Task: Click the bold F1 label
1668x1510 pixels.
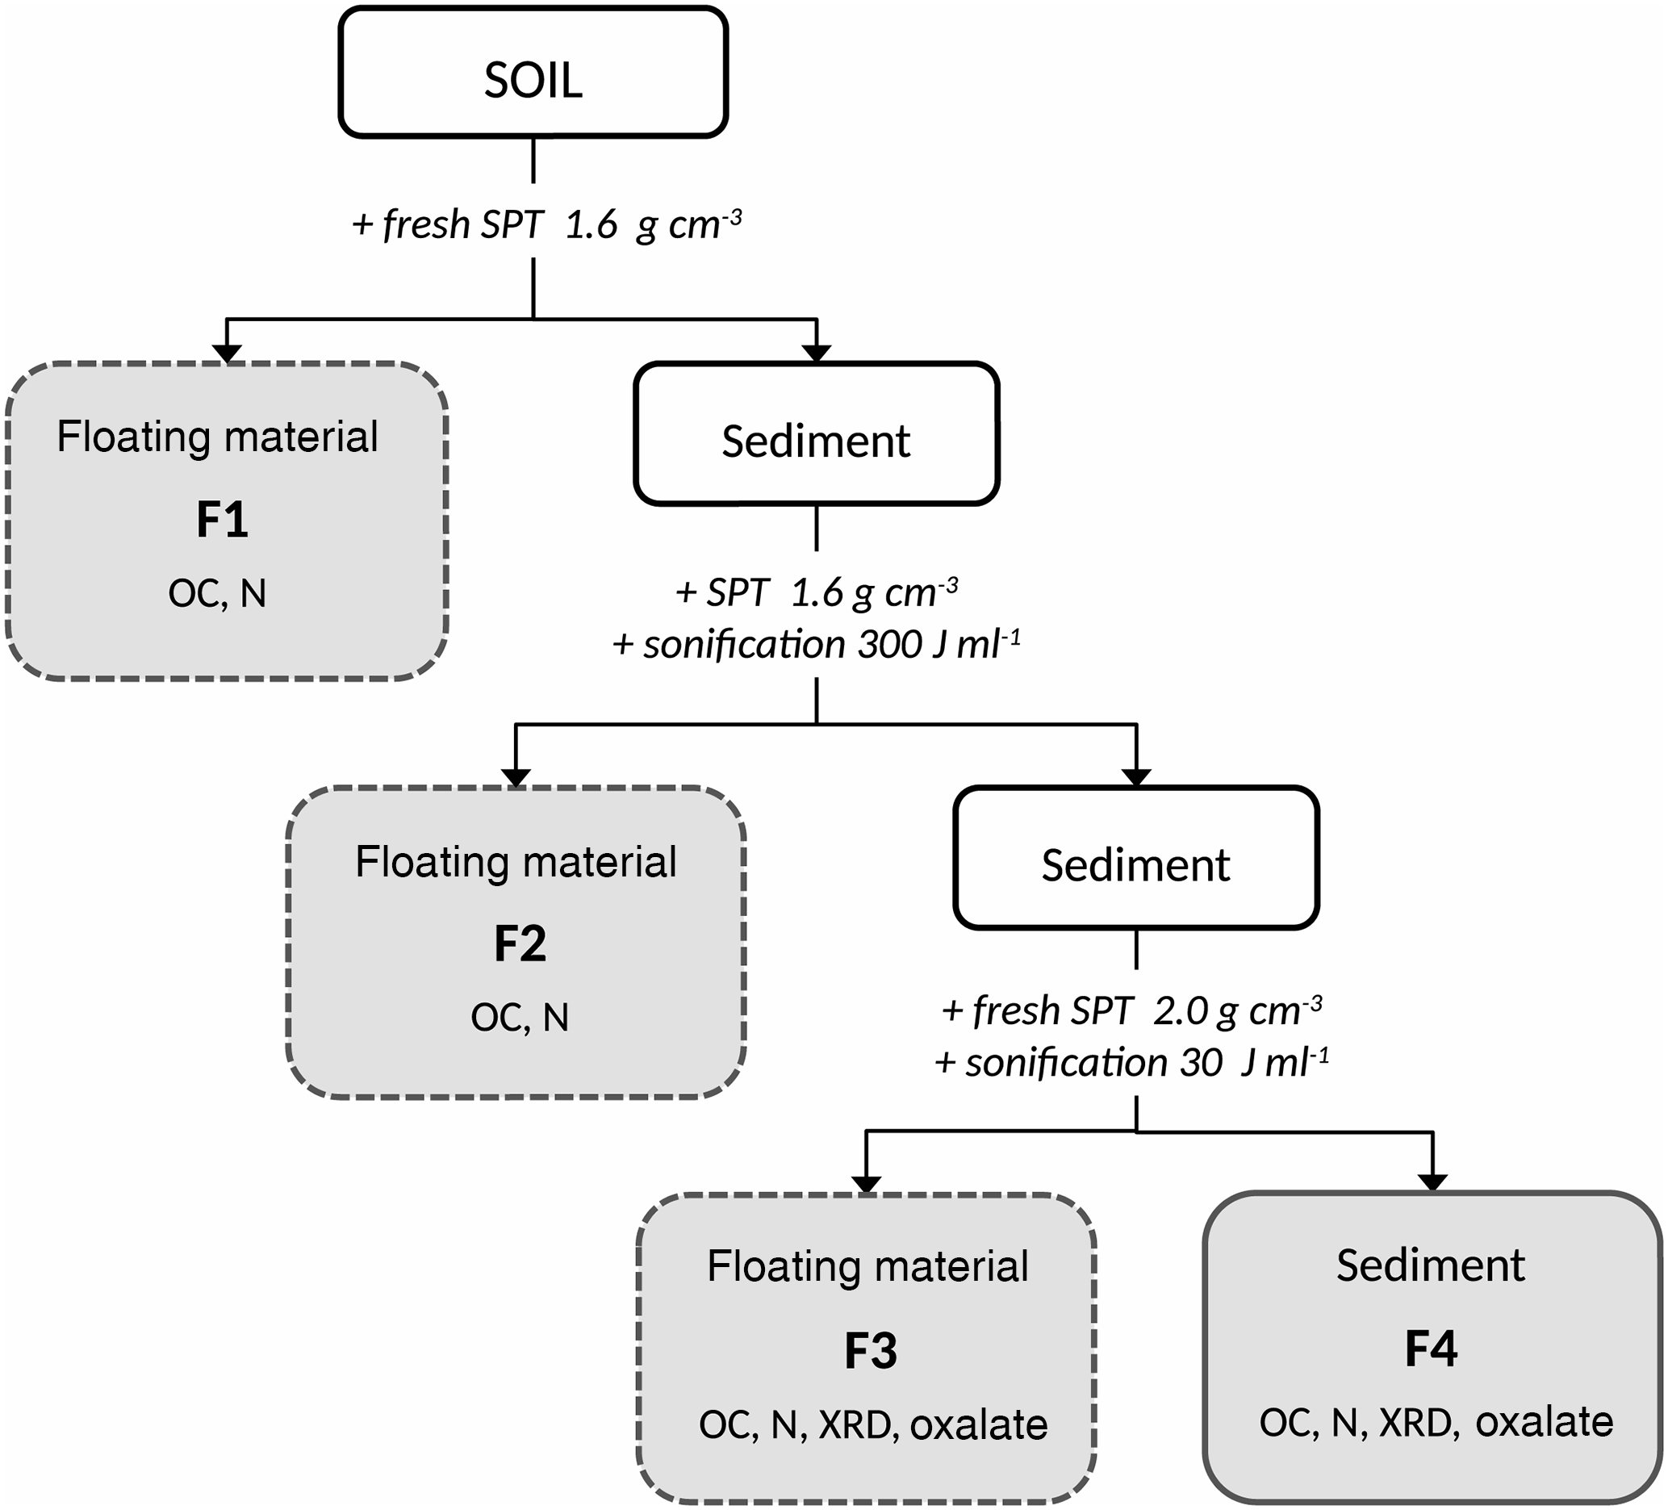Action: (222, 521)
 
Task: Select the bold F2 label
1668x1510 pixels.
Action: (520, 943)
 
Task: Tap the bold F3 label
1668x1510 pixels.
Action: (871, 1351)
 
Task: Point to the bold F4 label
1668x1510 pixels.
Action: (1431, 1349)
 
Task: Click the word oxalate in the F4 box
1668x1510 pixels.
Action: (1544, 1422)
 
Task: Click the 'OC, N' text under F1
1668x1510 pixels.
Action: (217, 593)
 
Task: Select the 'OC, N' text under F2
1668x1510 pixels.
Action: (520, 1017)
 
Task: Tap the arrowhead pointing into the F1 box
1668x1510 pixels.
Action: (227, 353)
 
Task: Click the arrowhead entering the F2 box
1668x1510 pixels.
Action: (516, 778)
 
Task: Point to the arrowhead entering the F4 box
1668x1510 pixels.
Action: (1432, 1182)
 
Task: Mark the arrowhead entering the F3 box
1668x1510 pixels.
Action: (865, 1184)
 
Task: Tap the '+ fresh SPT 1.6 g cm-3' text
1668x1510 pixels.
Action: (546, 225)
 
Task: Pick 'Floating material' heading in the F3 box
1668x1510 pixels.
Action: (867, 1267)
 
